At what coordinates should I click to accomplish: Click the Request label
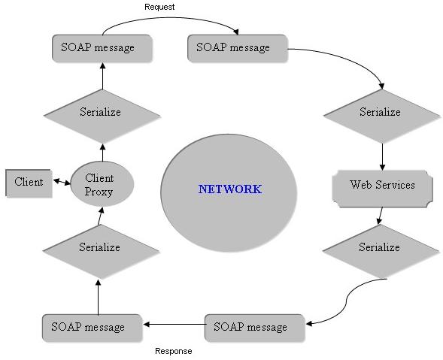tap(159, 7)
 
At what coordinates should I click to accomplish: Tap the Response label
tap(174, 351)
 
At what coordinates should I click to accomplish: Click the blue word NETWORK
tap(229, 189)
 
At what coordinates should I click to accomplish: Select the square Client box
tap(29, 183)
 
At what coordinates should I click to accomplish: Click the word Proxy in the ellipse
tap(99, 192)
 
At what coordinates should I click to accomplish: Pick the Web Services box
tap(382, 189)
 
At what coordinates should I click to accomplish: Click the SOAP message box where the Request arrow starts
tap(102, 48)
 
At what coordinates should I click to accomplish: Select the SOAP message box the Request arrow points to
tap(238, 48)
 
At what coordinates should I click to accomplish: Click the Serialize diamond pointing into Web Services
tap(382, 116)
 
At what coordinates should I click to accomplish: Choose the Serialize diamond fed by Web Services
tap(381, 251)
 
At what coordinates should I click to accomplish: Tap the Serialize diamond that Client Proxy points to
tap(102, 116)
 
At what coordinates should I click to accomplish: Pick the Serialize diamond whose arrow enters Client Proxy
tap(101, 251)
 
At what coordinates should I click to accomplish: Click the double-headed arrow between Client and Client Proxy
tap(62, 182)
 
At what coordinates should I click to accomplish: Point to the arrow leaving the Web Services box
tap(381, 216)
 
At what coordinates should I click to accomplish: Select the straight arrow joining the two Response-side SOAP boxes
tap(174, 325)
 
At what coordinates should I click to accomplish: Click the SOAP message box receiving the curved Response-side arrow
tap(255, 328)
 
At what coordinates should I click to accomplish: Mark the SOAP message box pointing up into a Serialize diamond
tap(92, 328)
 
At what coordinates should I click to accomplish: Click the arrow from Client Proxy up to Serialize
tap(102, 153)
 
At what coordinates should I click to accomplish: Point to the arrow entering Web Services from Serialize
tap(382, 157)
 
